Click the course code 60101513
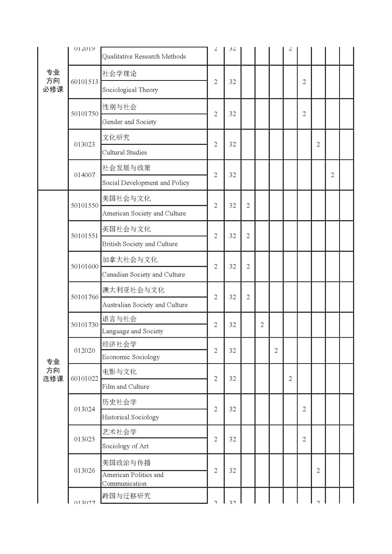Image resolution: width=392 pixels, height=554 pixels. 84,82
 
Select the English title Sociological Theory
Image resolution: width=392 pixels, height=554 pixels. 130,90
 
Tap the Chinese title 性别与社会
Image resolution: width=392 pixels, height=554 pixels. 119,107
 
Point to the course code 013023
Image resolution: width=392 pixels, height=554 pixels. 84,144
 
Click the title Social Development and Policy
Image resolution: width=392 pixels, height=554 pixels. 145,183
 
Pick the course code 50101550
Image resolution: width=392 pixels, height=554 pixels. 84,205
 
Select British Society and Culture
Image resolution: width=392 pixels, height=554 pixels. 140,244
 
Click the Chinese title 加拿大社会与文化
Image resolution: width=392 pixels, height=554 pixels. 130,260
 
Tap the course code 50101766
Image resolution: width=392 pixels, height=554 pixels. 84,297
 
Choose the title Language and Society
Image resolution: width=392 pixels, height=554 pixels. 132,331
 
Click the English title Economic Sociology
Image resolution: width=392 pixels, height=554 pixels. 131,357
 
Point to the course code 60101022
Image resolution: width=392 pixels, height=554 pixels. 84,379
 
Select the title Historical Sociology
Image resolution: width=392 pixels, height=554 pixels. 130,417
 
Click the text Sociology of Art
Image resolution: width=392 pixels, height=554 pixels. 125,446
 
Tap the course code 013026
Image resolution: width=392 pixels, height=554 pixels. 84,470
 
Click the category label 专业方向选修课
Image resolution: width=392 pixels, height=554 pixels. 53,370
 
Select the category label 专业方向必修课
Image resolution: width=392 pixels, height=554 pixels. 53,81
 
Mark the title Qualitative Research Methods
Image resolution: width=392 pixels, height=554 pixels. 144,57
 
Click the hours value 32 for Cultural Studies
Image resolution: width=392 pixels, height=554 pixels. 232,144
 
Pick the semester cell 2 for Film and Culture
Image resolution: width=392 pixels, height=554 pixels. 290,379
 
